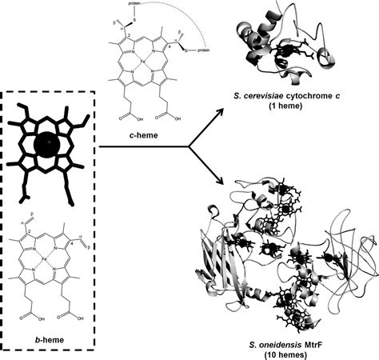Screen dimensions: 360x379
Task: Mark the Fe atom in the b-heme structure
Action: pos(49,260)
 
